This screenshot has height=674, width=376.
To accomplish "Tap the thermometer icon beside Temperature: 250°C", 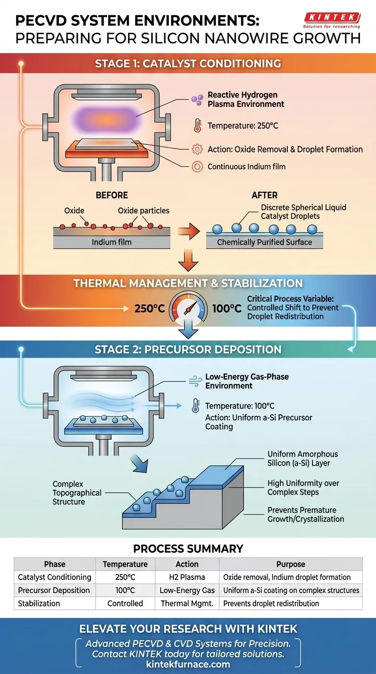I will (x=197, y=126).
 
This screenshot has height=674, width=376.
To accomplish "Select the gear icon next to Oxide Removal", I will (x=197, y=149).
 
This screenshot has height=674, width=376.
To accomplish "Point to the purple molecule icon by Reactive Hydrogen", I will (x=197, y=99).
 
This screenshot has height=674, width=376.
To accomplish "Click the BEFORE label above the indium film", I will (x=112, y=195).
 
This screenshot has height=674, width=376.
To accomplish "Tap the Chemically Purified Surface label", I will (x=264, y=242).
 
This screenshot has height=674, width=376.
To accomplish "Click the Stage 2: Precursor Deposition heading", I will (x=188, y=349).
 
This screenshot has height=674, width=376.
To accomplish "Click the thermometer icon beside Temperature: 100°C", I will (x=195, y=406).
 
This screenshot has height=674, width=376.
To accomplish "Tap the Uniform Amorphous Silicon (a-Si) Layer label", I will (x=303, y=458).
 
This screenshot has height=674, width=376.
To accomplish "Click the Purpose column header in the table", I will (x=290, y=564).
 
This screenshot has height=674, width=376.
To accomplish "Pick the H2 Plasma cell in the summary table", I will (x=187, y=577).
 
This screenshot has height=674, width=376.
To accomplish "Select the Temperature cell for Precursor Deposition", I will (x=125, y=590).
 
